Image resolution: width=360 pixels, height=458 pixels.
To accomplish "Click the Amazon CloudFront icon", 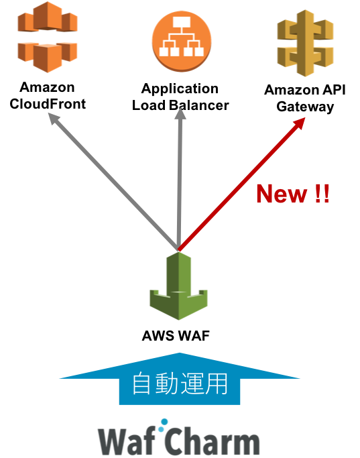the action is [48, 37].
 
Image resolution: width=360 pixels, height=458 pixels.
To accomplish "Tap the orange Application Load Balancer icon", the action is [181, 41].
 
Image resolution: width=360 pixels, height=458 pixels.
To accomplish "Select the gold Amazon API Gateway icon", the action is [305, 43].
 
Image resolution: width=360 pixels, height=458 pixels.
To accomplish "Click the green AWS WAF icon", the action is [179, 286].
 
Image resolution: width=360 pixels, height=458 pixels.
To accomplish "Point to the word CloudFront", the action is [48, 104].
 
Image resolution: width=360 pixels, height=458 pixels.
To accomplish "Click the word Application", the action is [180, 89].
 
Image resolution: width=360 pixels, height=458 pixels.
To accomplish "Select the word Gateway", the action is [305, 107].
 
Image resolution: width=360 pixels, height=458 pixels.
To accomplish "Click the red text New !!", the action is [293, 194].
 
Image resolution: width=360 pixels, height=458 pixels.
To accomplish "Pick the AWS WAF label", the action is [176, 336].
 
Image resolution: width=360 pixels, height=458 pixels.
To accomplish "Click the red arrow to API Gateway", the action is [241, 184].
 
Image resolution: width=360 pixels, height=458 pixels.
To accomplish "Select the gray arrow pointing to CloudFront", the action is [113, 182].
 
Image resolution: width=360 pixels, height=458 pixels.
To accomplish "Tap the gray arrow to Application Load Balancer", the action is [180, 180].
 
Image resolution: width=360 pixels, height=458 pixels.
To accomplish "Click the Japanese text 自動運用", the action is [180, 384].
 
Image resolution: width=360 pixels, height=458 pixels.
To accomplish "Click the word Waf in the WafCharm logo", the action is [127, 440].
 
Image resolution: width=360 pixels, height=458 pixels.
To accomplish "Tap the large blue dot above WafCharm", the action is [165, 422].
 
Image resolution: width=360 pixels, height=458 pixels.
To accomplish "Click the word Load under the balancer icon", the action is [149, 105].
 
